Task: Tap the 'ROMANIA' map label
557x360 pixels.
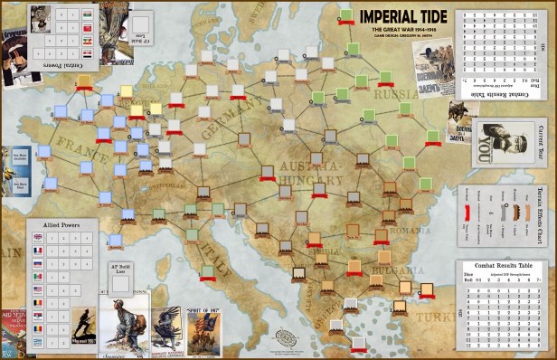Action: click(398, 230)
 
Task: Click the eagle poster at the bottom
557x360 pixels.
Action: click(165, 326)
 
